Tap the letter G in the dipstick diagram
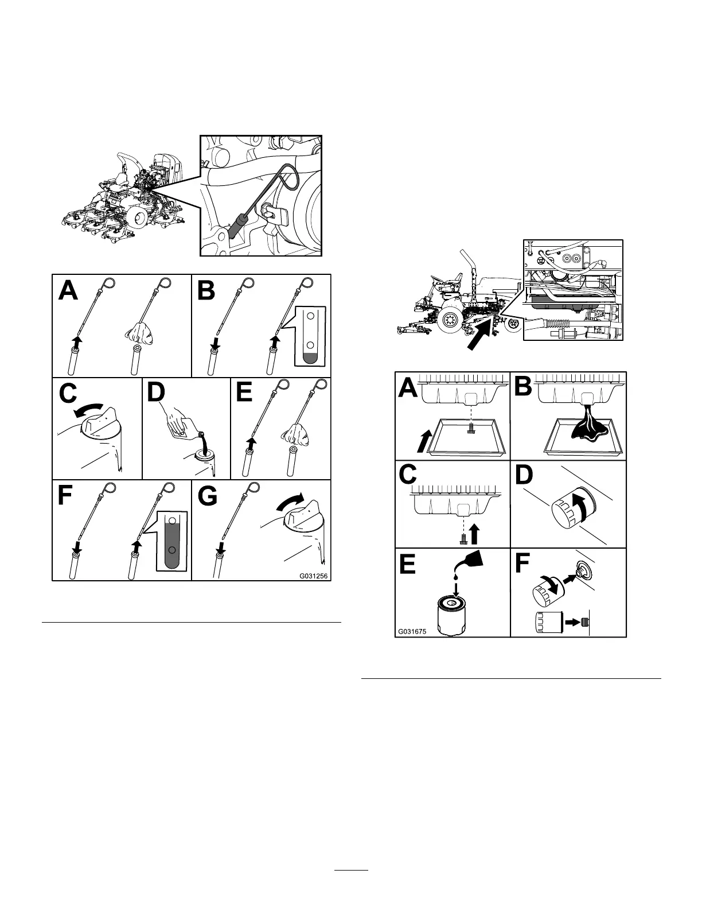coord(208,497)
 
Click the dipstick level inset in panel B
coord(309,336)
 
